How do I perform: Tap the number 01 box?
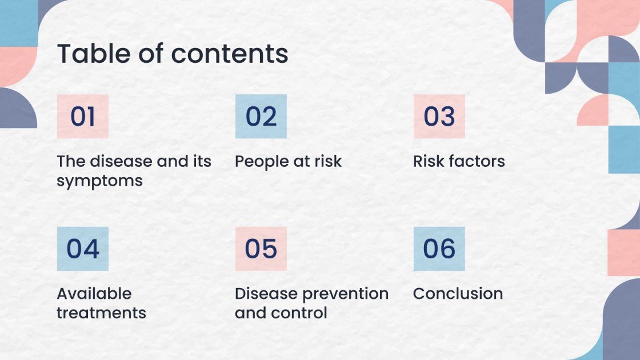(x=83, y=117)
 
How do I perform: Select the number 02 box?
(x=261, y=117)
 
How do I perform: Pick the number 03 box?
(x=439, y=117)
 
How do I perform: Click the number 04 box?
(x=83, y=249)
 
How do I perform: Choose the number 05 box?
(x=261, y=249)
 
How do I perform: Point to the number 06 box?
(x=439, y=249)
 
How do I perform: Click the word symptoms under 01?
(x=99, y=182)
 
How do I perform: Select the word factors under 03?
(x=476, y=162)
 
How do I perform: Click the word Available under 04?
(x=94, y=294)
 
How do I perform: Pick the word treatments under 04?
(x=101, y=313)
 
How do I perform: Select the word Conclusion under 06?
(x=458, y=294)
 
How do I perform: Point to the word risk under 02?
(x=327, y=162)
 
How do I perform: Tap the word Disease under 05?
(x=266, y=294)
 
